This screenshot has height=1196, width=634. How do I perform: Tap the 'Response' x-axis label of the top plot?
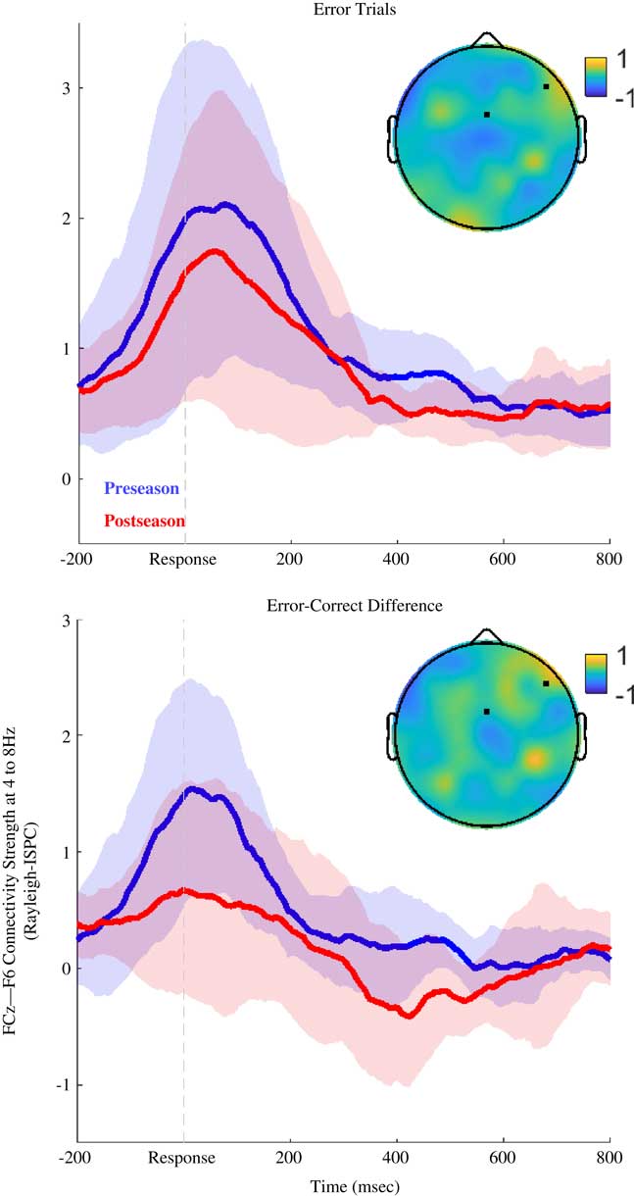[183, 560]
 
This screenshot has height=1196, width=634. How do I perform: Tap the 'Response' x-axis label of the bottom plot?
[183, 1158]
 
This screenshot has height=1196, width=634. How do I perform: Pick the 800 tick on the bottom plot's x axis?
[610, 1158]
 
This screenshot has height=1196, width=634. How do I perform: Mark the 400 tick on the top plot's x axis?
[397, 560]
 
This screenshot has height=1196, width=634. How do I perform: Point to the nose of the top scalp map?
[486, 39]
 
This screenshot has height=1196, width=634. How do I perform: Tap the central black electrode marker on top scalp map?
[486, 115]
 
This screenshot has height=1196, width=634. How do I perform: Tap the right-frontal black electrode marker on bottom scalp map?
[546, 683]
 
